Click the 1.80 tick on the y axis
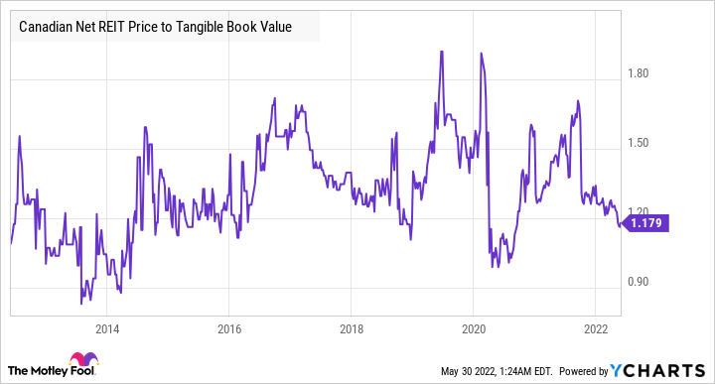coord(639,73)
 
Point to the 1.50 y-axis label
coord(639,143)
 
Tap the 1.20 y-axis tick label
coord(639,212)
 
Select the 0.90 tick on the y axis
coord(639,282)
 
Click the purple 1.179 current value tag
coord(645,225)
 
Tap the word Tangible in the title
coord(215,28)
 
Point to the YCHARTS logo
coord(668,370)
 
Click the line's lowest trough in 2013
coord(82,303)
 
